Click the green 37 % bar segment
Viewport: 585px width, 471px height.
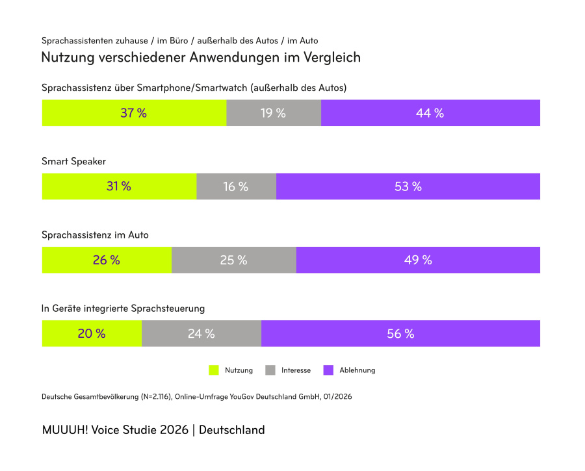click(x=134, y=113)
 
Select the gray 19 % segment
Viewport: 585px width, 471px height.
click(x=274, y=113)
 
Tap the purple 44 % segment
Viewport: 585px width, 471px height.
click(x=430, y=113)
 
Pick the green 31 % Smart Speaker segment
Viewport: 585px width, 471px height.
click(x=119, y=186)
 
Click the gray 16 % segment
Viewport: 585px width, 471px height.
click(x=236, y=186)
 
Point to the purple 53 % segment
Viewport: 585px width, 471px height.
click(x=408, y=186)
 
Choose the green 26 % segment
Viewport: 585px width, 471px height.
click(x=107, y=260)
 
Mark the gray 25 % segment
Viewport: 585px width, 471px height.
click(x=233, y=260)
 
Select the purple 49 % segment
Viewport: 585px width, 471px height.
click(x=418, y=260)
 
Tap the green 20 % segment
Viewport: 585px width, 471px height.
click(x=92, y=333)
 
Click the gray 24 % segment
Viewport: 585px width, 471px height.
click(x=201, y=333)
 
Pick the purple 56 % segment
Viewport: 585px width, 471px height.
click(x=400, y=333)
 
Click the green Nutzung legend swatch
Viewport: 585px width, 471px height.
click(x=214, y=370)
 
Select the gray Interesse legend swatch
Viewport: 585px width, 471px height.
click(x=270, y=370)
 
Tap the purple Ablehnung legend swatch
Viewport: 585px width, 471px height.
click(x=328, y=370)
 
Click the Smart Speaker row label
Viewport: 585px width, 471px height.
click(x=73, y=161)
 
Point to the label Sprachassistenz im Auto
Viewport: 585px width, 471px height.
click(x=95, y=235)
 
